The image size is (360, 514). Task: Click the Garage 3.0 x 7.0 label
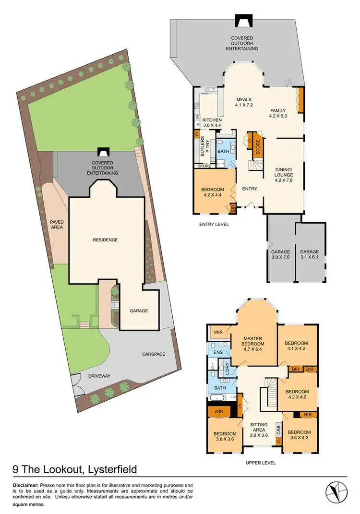(x=280, y=255)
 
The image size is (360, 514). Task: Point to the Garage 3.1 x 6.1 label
(x=310, y=255)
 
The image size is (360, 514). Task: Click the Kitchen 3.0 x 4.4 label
(x=212, y=122)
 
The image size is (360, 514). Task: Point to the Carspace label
(x=153, y=354)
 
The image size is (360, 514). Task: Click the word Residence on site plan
(x=106, y=239)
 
